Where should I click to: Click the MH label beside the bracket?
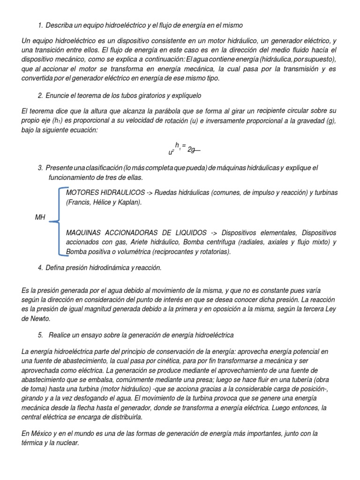(x=40, y=217)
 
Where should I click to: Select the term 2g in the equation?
(x=191, y=150)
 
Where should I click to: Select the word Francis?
(x=81, y=202)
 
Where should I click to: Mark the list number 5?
(x=40, y=335)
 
